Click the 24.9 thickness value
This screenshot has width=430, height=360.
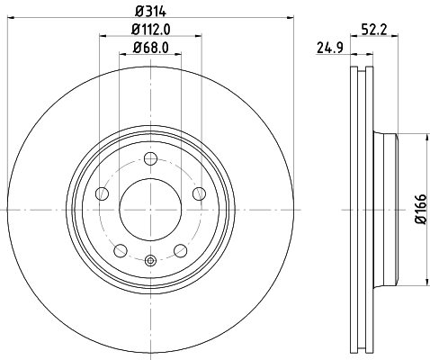pyautogui.click(x=328, y=47)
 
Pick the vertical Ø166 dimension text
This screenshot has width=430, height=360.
pyautogui.click(x=419, y=210)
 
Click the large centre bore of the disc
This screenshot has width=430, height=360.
pyautogui.click(x=150, y=210)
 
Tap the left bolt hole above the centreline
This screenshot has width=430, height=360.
pyautogui.click(x=103, y=194)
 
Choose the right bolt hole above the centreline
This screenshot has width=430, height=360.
pyautogui.click(x=198, y=194)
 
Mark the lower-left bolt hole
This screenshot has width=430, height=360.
pyautogui.click(x=121, y=250)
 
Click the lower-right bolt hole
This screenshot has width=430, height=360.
pyautogui.click(x=180, y=250)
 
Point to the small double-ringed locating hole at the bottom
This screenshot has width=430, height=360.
pyautogui.click(x=150, y=261)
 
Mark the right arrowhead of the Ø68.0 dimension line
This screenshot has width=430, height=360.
pyautogui.click(x=180, y=54)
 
